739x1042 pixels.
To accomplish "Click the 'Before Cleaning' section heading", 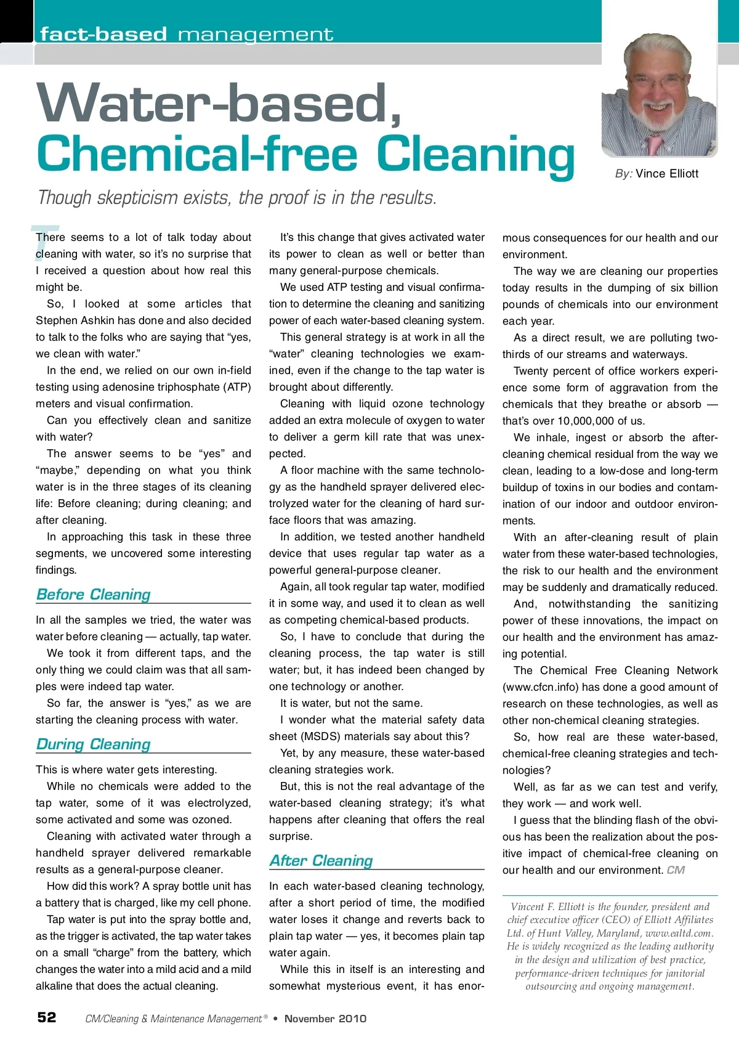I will coord(93,594).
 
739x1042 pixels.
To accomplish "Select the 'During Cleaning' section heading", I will coord(93,744).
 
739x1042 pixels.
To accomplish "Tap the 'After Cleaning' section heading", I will coord(321,860).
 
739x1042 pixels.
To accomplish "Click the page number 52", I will coord(47,1017).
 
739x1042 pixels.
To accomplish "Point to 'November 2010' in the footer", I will coord(325,1019).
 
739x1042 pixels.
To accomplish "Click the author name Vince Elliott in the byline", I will coord(667,173).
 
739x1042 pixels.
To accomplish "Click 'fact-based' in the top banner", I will coord(103,35).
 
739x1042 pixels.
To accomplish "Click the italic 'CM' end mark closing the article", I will coord(676,870).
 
